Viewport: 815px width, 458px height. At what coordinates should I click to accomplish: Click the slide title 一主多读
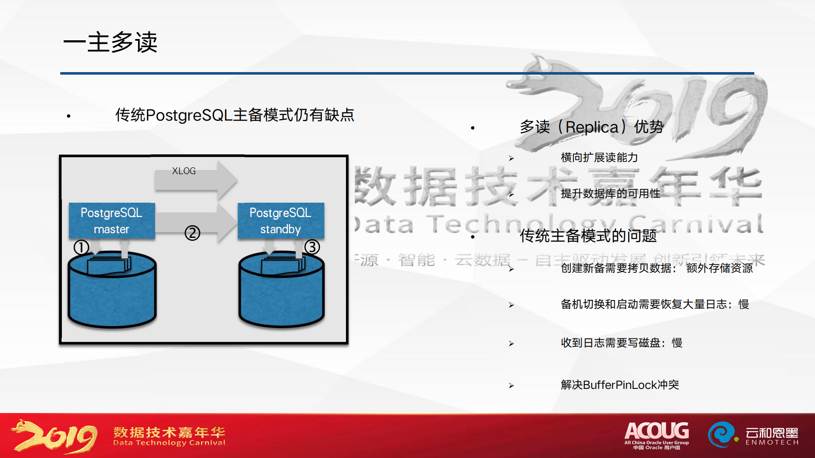click(x=110, y=42)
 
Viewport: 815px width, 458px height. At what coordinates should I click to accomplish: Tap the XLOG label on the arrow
click(x=184, y=171)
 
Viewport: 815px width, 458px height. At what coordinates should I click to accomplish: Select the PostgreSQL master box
click(x=112, y=221)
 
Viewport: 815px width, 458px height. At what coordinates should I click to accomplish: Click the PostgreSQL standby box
click(x=281, y=221)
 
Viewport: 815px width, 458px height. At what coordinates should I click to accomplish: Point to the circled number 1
click(x=81, y=247)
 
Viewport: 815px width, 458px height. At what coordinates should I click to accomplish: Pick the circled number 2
click(x=192, y=233)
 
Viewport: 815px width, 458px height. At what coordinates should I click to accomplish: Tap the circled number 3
click(x=312, y=247)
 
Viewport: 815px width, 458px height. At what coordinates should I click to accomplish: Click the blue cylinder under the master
click(x=112, y=297)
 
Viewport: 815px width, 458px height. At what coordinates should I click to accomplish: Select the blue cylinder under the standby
click(x=281, y=297)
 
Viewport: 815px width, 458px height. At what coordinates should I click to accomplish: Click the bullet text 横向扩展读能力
click(x=599, y=158)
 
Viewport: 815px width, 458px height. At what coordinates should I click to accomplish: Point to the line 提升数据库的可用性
click(x=610, y=194)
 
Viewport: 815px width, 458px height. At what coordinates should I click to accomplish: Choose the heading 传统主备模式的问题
click(x=588, y=236)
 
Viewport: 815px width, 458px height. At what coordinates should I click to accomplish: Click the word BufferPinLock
click(x=620, y=385)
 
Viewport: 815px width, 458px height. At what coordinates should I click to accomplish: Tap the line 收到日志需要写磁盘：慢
click(x=621, y=343)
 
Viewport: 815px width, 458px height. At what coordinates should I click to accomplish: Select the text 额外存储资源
click(x=719, y=268)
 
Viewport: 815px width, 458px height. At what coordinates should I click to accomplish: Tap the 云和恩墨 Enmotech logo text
click(x=772, y=436)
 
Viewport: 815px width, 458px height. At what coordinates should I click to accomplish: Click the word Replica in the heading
click(x=592, y=127)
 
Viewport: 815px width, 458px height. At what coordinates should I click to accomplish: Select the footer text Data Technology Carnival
click(x=169, y=443)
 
